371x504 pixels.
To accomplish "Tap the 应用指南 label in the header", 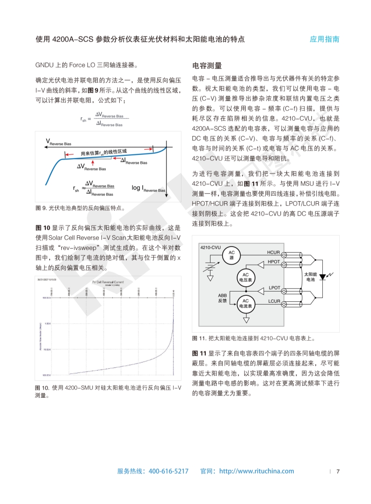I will [x=324, y=39].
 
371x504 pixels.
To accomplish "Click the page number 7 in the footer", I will [x=338, y=471].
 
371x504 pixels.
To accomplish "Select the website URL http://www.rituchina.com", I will [x=256, y=471].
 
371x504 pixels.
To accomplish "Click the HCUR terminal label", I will [x=273, y=253].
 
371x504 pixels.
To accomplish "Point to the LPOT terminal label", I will [x=274, y=287].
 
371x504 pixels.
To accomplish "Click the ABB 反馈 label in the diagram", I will [x=222, y=298].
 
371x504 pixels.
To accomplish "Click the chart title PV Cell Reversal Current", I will [x=108, y=282].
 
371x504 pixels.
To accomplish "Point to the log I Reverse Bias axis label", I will [x=148, y=188].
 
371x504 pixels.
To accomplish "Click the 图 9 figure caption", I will [x=80, y=208].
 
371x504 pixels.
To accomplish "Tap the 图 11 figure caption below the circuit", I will [x=254, y=338].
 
